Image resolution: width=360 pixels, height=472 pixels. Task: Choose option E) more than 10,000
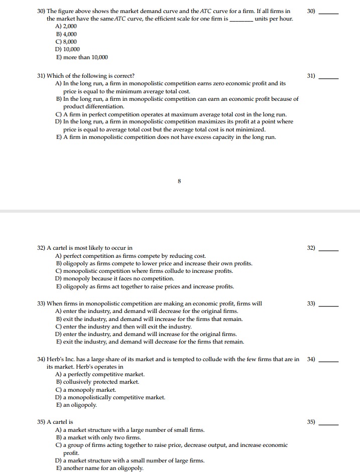tap(81, 58)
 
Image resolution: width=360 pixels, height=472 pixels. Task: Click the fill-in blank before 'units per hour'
tap(241, 19)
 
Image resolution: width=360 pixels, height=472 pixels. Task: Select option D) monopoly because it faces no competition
tap(115, 279)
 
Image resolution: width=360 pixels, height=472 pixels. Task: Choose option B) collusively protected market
tap(97, 382)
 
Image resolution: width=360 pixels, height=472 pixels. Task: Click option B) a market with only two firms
tap(98, 437)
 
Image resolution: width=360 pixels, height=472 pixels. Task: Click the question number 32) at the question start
tap(42, 248)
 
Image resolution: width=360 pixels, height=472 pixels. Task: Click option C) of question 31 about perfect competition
tap(171, 114)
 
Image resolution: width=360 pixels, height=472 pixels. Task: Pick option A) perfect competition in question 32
tap(131, 256)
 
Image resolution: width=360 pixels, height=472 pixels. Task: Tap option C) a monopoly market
tap(86, 390)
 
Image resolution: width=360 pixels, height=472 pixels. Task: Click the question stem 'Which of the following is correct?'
tap(90, 75)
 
